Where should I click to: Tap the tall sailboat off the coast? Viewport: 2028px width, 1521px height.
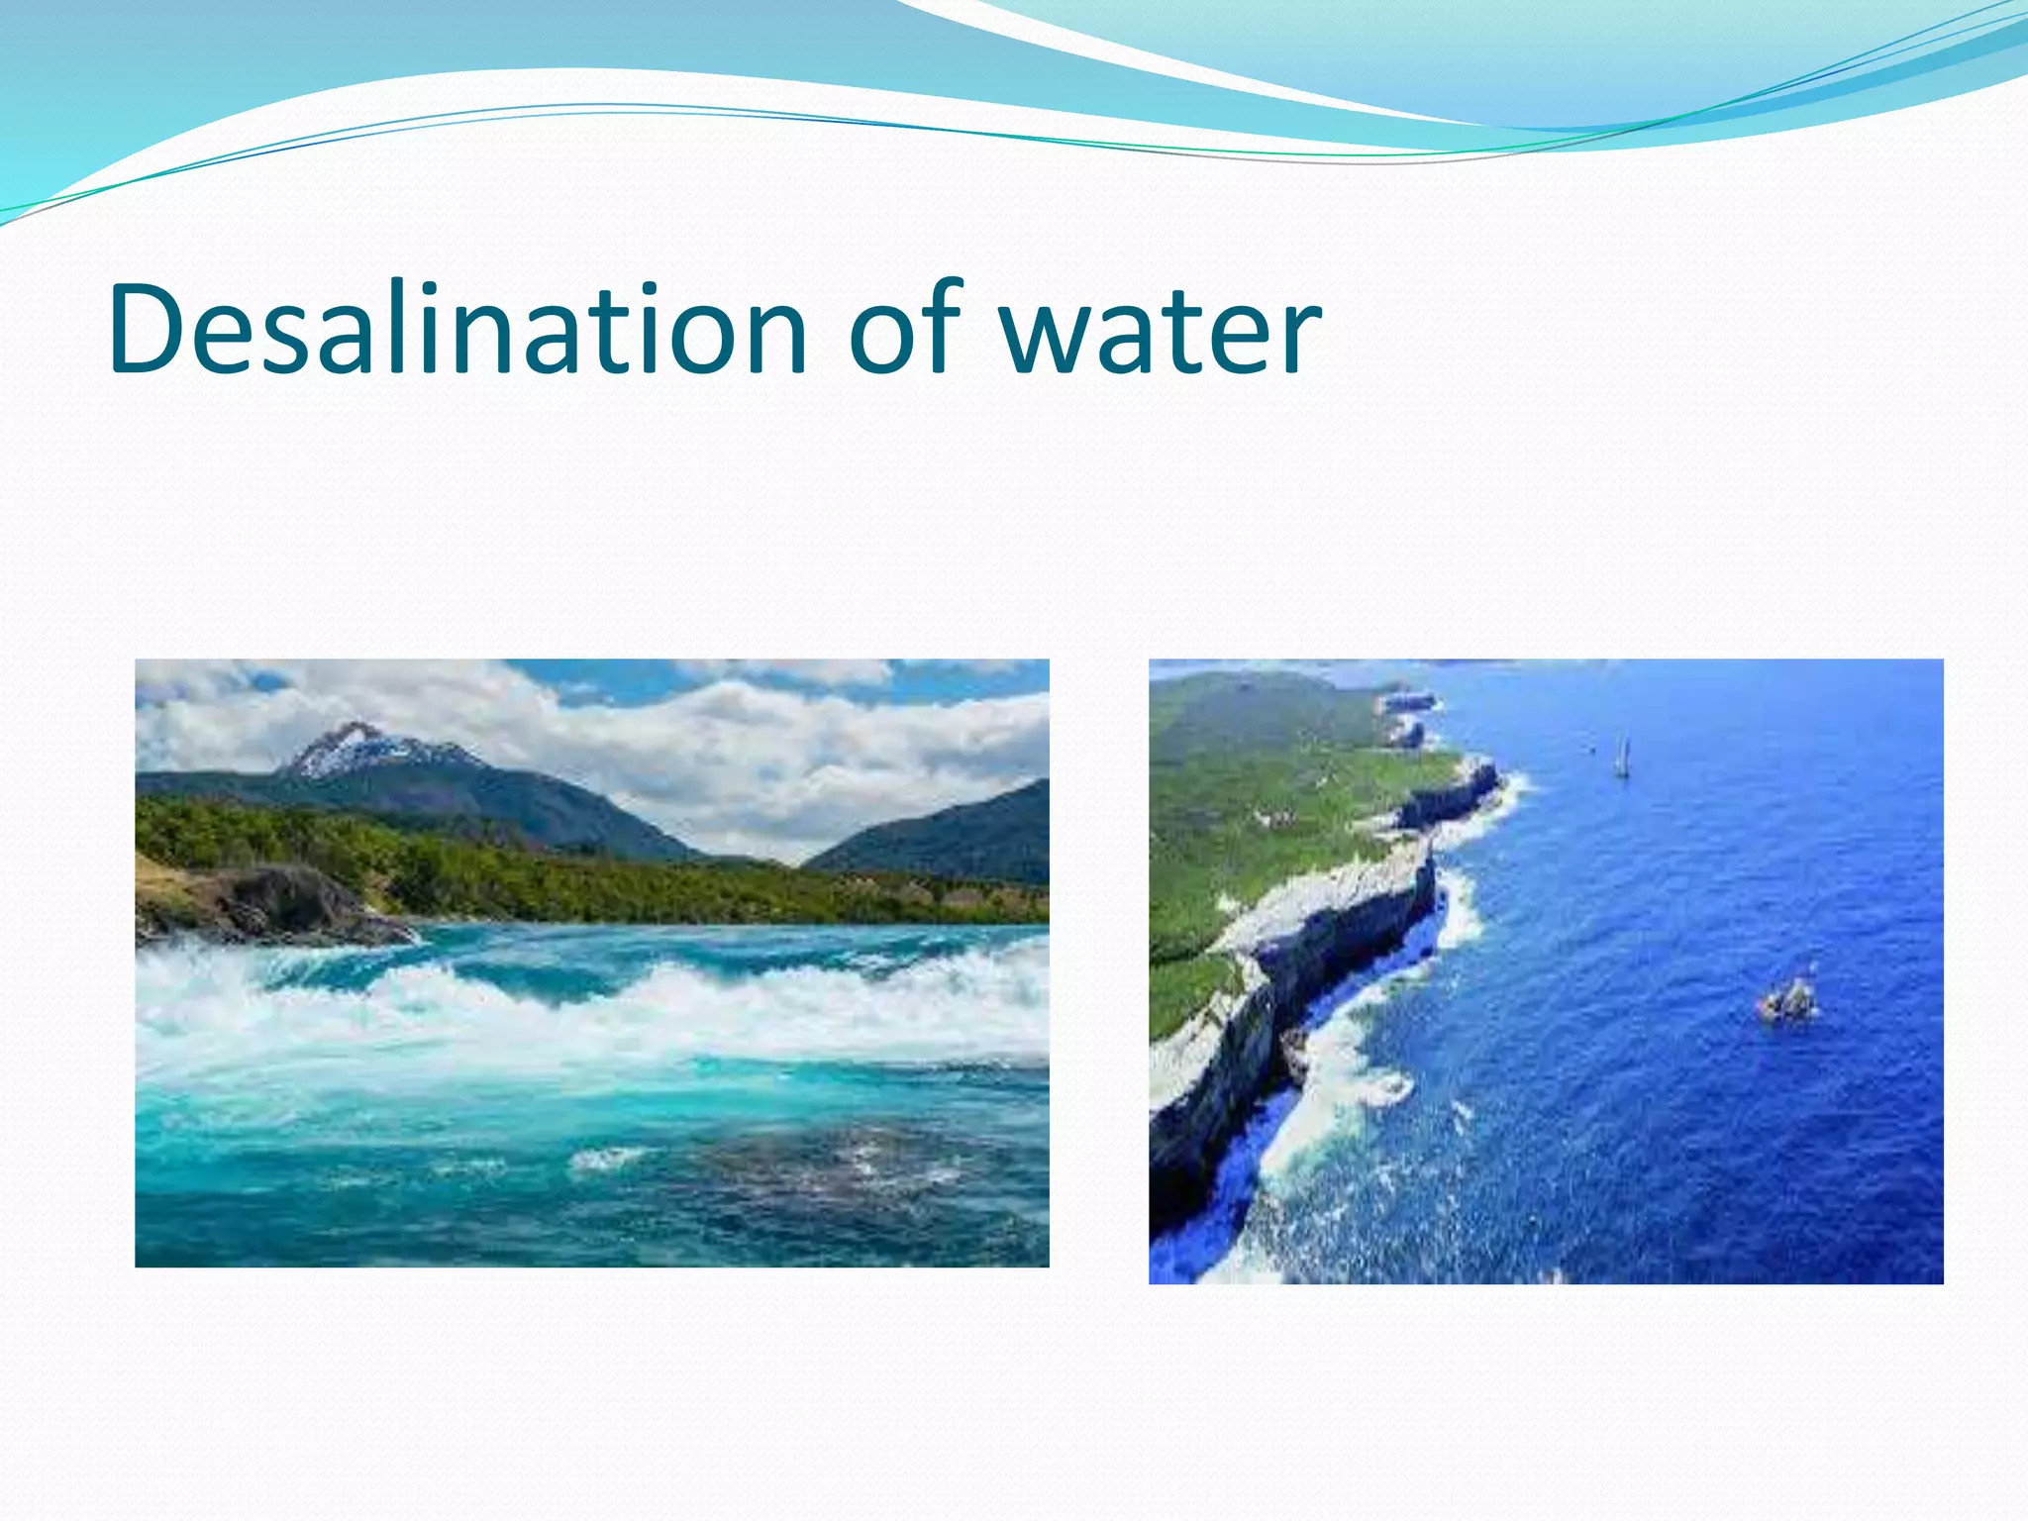click(x=1622, y=759)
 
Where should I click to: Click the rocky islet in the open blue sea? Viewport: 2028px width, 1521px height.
click(x=1788, y=1000)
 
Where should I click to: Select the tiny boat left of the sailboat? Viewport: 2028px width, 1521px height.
click(x=1592, y=750)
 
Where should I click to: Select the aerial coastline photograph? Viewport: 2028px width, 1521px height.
click(x=1546, y=970)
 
